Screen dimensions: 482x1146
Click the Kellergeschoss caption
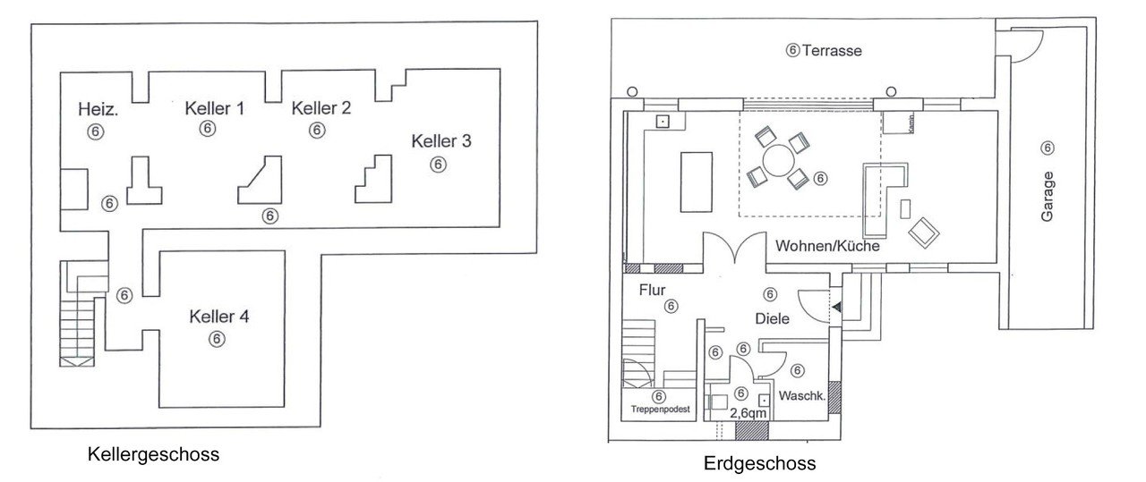click(153, 454)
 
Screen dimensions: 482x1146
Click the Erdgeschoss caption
click(759, 464)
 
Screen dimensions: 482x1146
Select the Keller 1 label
click(215, 108)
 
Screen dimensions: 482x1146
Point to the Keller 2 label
click(321, 108)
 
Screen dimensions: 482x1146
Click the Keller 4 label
click(218, 317)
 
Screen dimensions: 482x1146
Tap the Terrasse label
click(832, 51)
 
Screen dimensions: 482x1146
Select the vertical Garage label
click(1048, 197)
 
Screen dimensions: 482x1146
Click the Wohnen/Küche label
click(827, 246)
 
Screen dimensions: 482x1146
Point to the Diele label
click(772, 318)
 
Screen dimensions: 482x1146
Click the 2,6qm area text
click(748, 414)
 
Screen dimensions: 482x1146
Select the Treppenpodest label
click(659, 410)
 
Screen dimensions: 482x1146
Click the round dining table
click(777, 161)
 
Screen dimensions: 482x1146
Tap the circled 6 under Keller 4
click(216, 338)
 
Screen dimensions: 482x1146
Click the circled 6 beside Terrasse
click(792, 51)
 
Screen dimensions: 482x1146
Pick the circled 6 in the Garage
click(1048, 148)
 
